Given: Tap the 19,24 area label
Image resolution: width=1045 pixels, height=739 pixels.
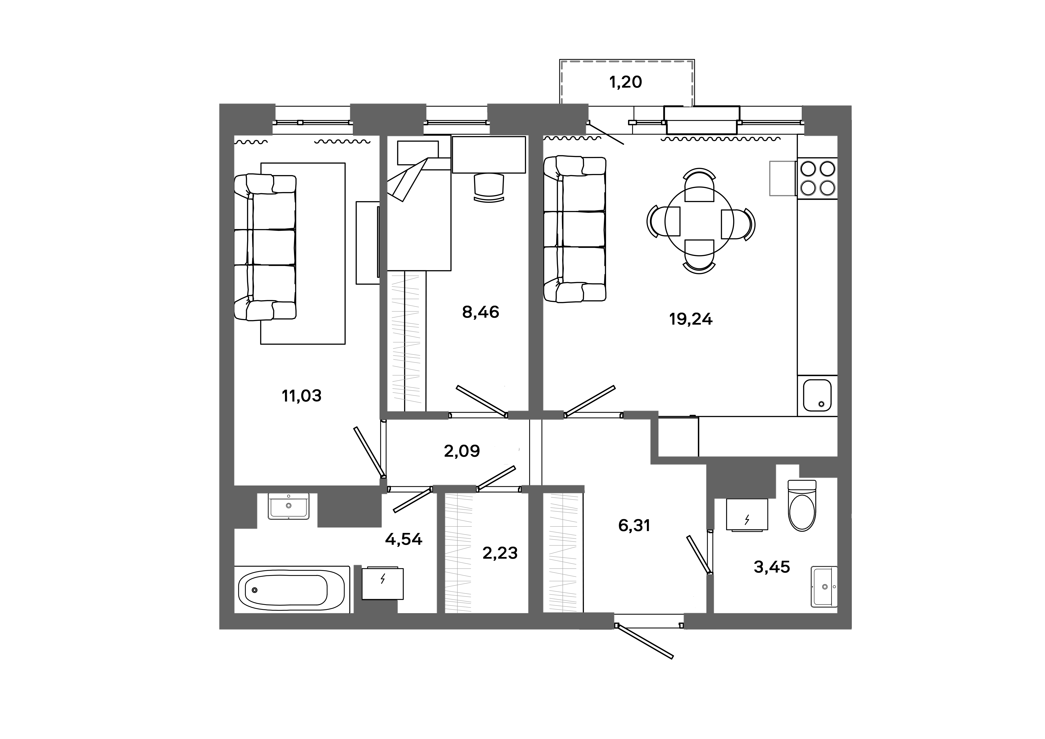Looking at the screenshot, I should [690, 319].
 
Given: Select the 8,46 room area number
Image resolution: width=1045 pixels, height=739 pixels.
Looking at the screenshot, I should [481, 312].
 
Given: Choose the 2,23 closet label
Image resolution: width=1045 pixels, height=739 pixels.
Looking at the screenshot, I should [500, 553].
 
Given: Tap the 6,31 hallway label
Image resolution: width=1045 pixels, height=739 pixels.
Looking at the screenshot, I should [634, 526].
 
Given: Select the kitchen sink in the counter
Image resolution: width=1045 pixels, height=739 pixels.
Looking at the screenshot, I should [817, 395].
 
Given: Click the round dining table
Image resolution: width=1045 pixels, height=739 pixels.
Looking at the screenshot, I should [699, 221].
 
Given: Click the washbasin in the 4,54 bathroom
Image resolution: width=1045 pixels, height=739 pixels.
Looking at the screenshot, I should [288, 506].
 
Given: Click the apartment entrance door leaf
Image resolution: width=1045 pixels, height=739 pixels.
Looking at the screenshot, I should [644, 642].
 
